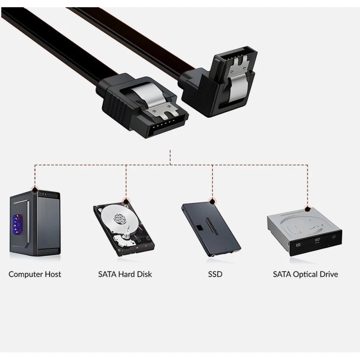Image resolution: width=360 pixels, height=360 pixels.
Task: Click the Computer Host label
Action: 35,274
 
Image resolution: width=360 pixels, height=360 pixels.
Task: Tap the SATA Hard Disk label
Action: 125,274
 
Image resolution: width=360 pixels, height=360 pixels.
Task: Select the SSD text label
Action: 215,274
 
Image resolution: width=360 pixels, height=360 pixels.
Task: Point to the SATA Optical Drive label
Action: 305,274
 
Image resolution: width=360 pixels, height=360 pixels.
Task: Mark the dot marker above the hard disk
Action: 126,200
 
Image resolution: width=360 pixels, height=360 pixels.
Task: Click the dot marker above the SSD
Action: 212,200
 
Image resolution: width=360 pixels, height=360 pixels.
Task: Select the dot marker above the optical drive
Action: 307,209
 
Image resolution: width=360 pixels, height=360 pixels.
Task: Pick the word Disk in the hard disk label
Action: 144,274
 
